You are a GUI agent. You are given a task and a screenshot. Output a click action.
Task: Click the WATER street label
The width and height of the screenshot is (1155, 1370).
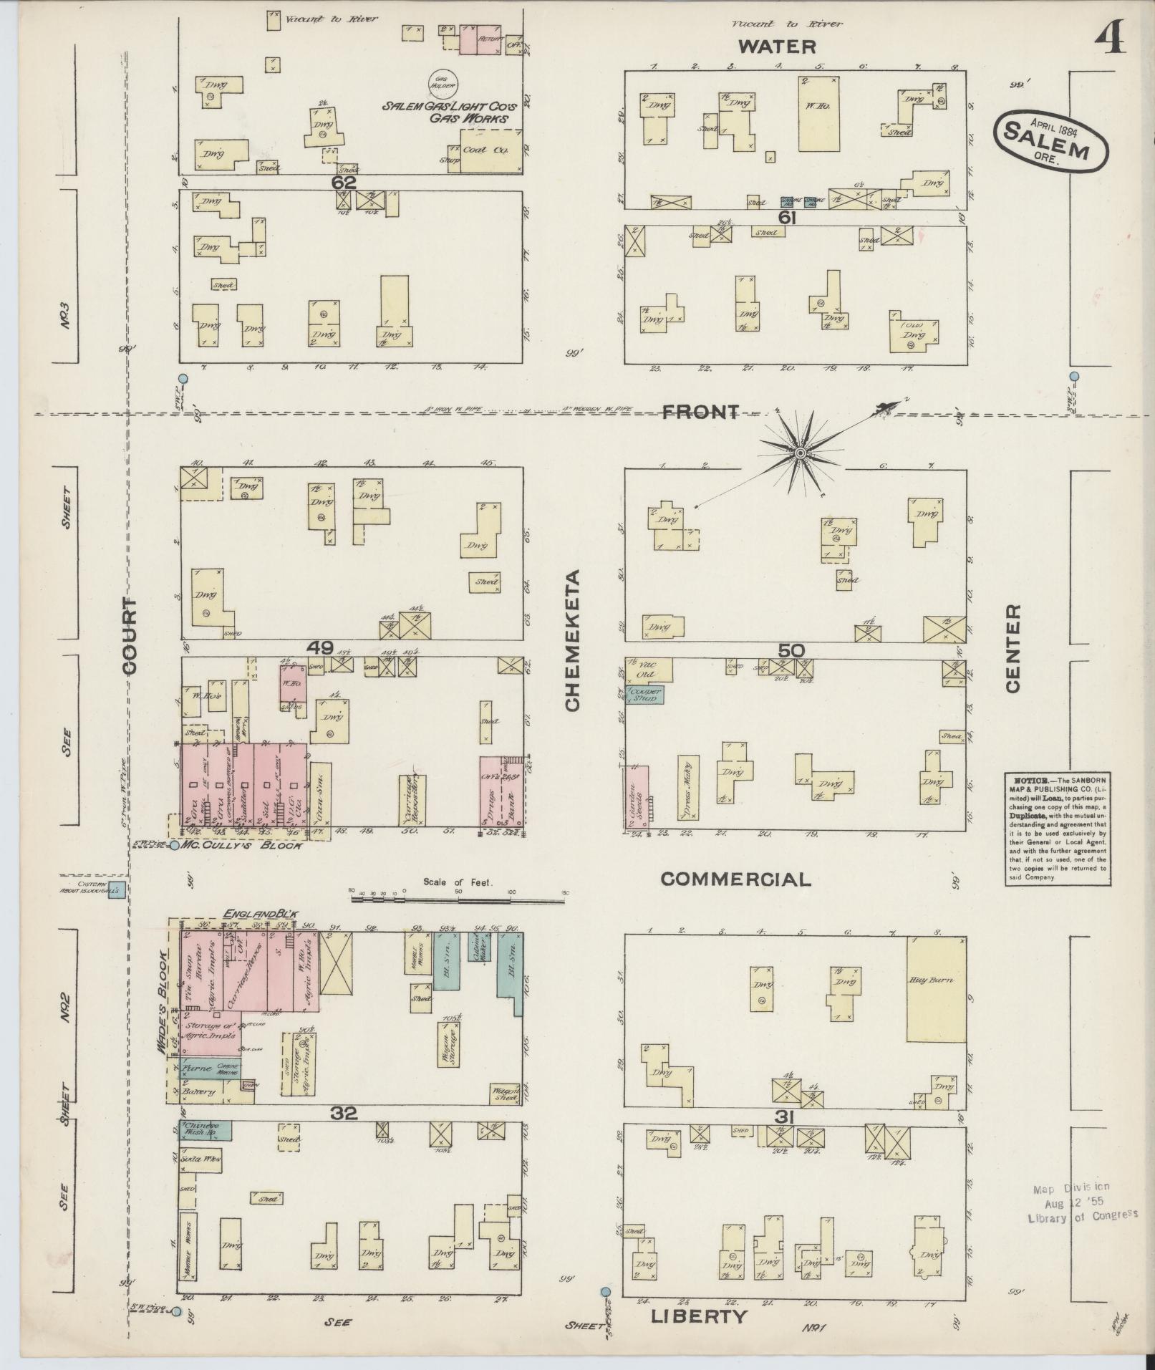tap(777, 47)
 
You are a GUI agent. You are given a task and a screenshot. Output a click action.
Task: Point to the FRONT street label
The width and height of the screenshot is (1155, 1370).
tap(700, 412)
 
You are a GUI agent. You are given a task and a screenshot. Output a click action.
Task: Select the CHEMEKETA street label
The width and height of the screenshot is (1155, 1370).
tap(572, 641)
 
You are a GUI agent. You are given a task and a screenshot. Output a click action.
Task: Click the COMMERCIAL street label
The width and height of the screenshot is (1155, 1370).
tap(735, 879)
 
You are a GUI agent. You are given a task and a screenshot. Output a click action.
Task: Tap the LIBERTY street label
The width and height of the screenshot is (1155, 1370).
tap(700, 1316)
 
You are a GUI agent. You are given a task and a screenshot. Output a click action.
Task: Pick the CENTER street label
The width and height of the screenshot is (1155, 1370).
tap(1013, 648)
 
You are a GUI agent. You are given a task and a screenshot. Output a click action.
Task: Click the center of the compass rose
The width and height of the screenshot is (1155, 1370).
tap(800, 453)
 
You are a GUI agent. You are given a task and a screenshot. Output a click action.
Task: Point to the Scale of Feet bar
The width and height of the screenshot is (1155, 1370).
tap(458, 895)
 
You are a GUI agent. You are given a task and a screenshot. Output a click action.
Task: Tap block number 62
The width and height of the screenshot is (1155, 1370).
tap(344, 183)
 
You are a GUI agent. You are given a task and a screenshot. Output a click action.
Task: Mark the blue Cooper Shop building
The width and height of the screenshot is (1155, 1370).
tap(644, 693)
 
